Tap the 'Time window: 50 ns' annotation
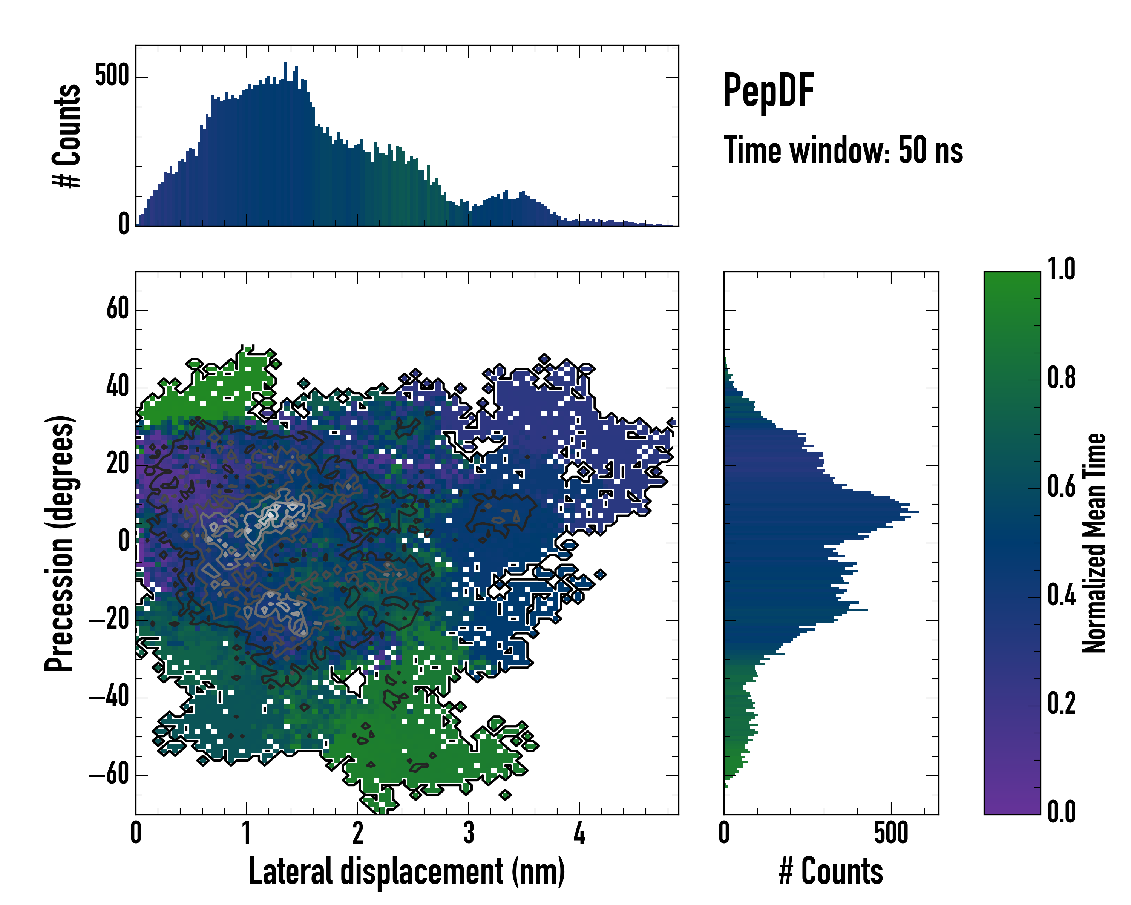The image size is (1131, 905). coord(843,150)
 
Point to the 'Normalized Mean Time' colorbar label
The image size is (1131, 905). coord(1094,543)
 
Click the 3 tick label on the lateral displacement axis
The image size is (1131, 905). coord(469,833)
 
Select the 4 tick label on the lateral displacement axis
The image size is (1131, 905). coord(579,833)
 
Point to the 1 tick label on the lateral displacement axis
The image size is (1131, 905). coord(247,833)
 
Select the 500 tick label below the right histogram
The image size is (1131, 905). coord(891,833)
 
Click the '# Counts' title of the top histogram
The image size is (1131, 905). coord(67,135)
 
